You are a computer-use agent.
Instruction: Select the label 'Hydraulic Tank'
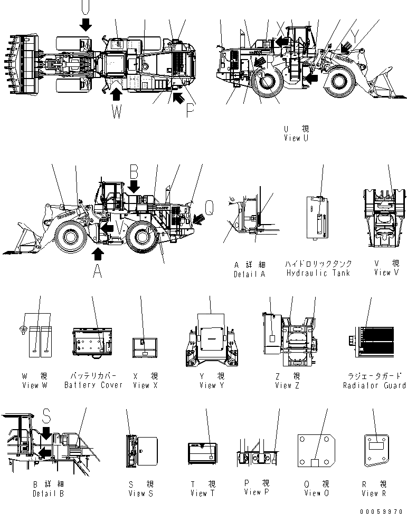(318, 273)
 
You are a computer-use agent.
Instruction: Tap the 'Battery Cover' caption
(93, 385)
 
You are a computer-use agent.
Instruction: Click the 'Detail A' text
(249, 274)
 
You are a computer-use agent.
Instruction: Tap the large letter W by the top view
(117, 112)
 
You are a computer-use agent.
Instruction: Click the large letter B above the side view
(134, 171)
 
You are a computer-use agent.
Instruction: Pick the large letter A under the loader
(97, 270)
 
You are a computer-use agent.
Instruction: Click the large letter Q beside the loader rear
(210, 209)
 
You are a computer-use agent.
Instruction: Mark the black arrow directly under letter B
(134, 186)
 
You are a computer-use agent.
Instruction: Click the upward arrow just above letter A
(98, 254)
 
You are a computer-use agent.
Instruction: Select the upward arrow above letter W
(117, 93)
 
